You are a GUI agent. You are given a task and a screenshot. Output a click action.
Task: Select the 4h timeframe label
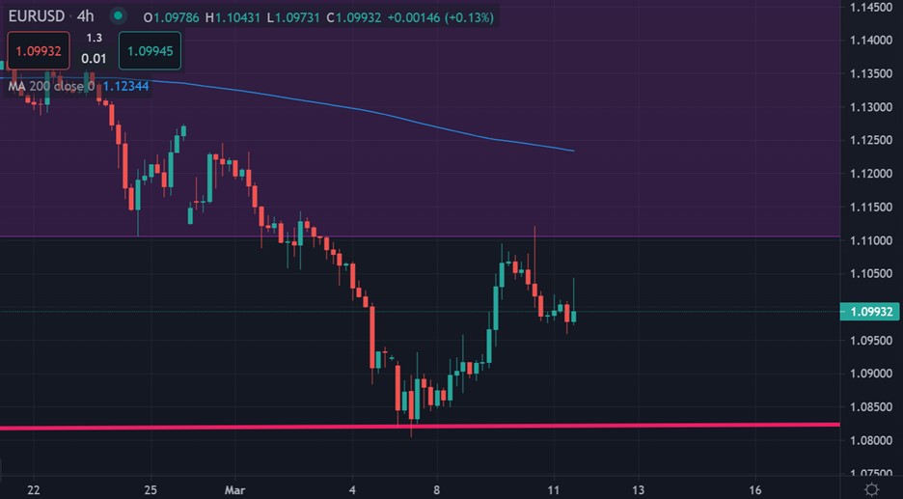86,16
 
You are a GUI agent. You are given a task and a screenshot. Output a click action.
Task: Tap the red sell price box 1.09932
39,50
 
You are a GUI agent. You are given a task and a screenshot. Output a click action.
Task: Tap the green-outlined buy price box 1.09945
150,50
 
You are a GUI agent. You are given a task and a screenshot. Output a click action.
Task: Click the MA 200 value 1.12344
126,87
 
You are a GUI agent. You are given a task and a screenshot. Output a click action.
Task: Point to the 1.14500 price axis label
870,8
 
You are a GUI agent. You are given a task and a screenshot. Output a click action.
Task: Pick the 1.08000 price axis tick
870,441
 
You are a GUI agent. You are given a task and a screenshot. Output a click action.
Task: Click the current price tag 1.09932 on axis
871,312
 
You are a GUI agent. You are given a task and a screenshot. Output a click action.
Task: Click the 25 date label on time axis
150,489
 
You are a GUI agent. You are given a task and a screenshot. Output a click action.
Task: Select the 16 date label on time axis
755,489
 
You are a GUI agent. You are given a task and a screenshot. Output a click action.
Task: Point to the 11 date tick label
554,489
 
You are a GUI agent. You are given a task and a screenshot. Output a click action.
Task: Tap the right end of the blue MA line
573,151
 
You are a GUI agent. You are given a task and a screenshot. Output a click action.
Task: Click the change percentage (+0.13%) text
466,17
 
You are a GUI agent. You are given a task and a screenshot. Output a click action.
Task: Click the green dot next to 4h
118,16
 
